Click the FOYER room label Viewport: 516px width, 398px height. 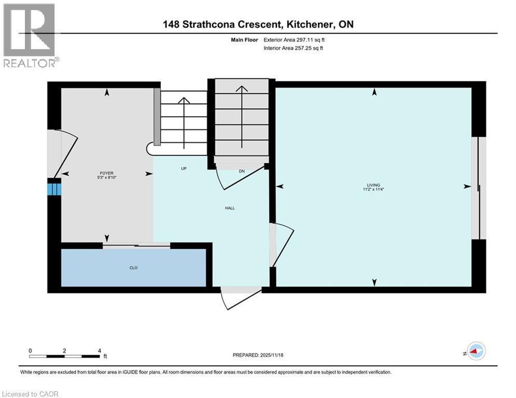click(107, 173)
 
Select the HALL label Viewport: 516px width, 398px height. click(230, 208)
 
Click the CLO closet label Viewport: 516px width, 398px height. click(134, 268)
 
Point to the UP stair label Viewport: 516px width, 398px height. click(184, 169)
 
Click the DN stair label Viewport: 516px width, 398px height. click(242, 171)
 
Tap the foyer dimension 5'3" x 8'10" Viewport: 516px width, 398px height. click(107, 178)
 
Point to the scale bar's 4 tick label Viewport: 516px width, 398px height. click(99, 350)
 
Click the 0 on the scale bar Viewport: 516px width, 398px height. click(31, 350)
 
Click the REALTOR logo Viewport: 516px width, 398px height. click(30, 36)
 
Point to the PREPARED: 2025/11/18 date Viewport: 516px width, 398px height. click(258, 355)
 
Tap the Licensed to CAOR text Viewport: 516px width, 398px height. click(31, 394)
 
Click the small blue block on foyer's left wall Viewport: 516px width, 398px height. click(54, 187)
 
